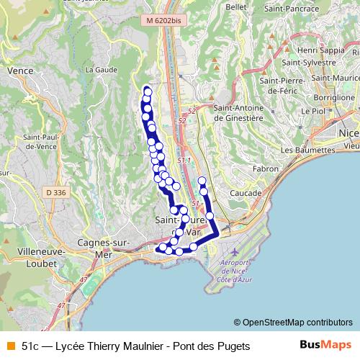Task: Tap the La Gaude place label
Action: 101,70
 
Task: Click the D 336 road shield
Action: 54,192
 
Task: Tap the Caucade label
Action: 245,193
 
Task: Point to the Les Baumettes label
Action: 307,150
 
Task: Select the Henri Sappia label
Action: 320,50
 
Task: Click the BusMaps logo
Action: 325,346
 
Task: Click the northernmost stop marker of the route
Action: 148,91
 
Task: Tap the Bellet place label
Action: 236,6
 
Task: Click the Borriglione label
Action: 334,96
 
